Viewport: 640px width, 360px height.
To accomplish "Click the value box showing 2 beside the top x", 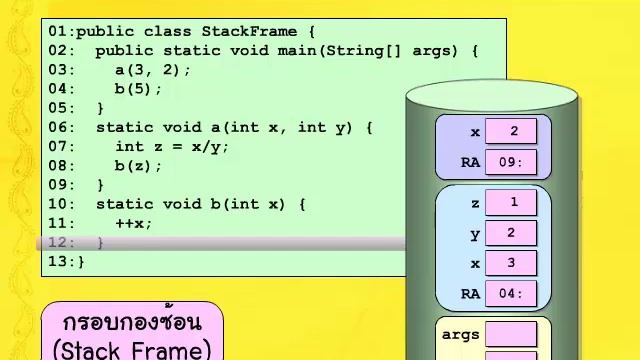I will click(511, 131).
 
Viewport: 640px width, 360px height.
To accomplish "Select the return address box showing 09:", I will click(511, 162).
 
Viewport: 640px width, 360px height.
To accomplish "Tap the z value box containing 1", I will click(511, 203).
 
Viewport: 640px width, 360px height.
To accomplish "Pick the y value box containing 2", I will click(511, 234).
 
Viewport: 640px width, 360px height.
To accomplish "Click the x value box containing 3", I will click(511, 264).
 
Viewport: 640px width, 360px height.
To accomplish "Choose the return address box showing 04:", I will click(511, 294).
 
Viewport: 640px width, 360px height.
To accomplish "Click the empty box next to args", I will click(511, 334).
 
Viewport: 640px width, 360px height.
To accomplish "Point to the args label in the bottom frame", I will click(461, 335).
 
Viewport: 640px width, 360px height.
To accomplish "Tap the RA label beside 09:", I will click(470, 162).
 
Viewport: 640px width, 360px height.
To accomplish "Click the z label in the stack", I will click(475, 203).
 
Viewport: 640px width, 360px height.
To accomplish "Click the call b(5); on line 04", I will click(138, 89).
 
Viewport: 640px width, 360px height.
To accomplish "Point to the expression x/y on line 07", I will click(210, 146).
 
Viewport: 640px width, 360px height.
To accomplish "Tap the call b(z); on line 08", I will click(138, 166).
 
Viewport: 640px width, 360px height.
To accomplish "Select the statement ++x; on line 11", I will click(134, 223).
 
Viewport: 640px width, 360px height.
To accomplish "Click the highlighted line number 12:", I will click(62, 242).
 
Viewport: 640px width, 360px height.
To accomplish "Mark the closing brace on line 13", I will click(81, 262).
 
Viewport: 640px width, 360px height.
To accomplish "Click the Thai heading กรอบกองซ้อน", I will click(131, 323).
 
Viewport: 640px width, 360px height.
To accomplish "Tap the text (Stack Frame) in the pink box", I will click(132, 349).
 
